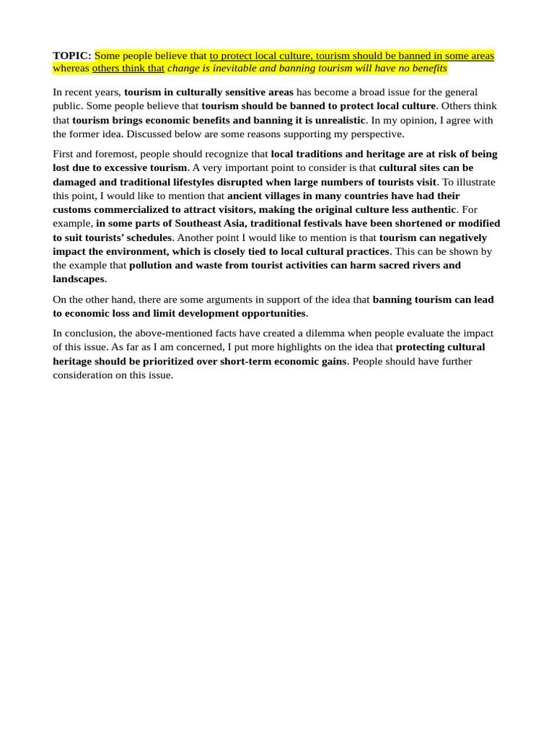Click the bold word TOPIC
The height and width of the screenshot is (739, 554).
coord(71,56)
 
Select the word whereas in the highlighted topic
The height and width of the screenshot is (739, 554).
coord(71,69)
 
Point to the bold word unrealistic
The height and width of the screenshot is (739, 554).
coord(338,120)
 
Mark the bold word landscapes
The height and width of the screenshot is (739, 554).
coord(79,279)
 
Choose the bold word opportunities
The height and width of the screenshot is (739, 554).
coord(265,313)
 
